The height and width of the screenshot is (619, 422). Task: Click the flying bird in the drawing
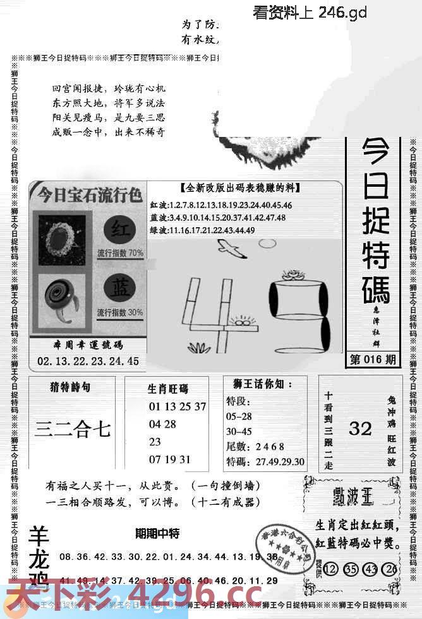click(x=231, y=250)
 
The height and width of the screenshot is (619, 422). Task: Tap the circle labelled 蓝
click(x=119, y=288)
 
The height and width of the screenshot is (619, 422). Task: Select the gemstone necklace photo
click(x=62, y=235)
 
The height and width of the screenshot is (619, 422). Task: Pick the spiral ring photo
click(x=61, y=296)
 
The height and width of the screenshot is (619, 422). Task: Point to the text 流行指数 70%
click(x=119, y=254)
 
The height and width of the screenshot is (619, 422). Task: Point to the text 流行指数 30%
click(x=119, y=312)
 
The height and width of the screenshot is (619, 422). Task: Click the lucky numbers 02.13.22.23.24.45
click(x=88, y=362)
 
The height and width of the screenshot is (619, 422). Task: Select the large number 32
click(x=360, y=429)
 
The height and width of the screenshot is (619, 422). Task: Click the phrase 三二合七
click(x=73, y=430)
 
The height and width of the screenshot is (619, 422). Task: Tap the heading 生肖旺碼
click(x=168, y=389)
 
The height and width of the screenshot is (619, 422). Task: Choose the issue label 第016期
click(x=373, y=360)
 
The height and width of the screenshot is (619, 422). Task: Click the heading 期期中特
click(x=157, y=534)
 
